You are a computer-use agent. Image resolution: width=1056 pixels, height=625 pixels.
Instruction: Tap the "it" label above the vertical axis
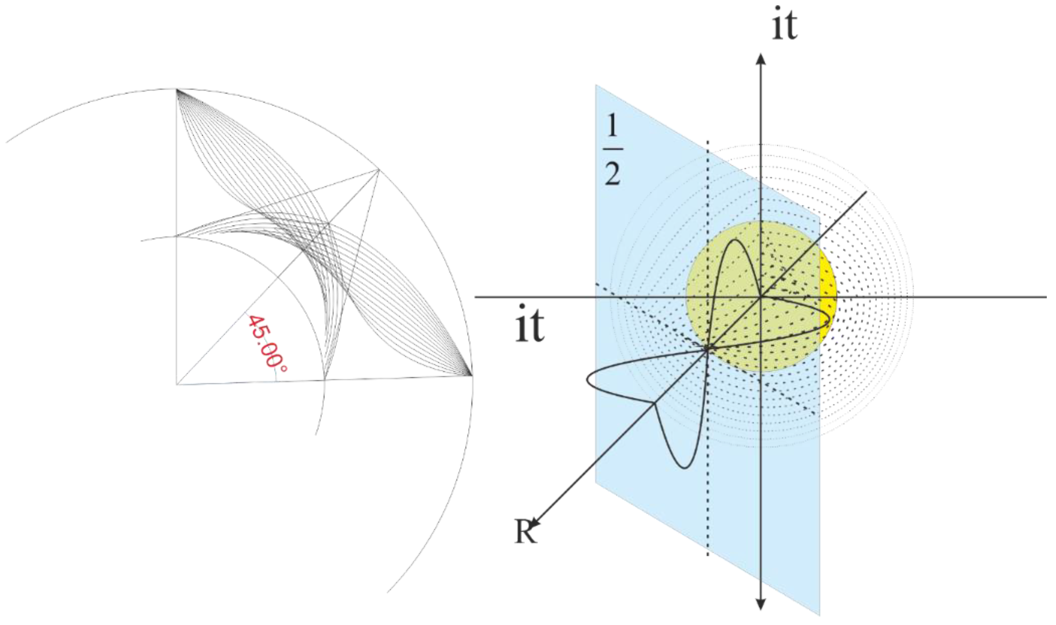pyautogui.click(x=784, y=26)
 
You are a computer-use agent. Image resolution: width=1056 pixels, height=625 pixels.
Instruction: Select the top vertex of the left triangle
pyautogui.click(x=176, y=89)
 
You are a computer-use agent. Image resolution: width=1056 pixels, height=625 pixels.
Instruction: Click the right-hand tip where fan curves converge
pyautogui.click(x=471, y=374)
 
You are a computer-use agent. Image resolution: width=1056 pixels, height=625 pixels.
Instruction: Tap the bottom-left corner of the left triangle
pyautogui.click(x=176, y=384)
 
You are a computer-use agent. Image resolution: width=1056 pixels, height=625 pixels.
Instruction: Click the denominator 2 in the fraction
pyautogui.click(x=613, y=175)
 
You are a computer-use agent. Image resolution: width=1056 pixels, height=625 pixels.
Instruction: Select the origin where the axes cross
pyautogui.click(x=760, y=297)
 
